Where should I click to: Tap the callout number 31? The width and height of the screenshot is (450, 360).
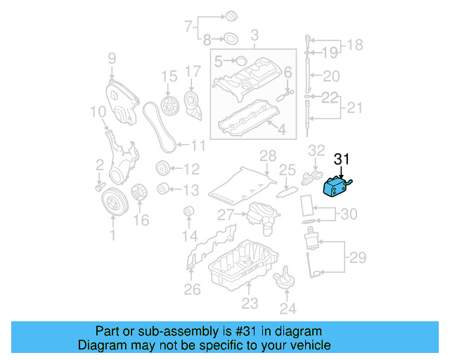[341, 160]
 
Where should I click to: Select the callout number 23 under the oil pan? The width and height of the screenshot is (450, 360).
[250, 303]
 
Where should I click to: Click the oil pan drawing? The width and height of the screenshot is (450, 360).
[241, 266]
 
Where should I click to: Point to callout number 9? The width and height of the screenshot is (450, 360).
[111, 58]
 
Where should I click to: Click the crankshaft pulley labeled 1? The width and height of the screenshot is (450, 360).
[112, 202]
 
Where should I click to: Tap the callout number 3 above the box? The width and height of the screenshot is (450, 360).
[255, 34]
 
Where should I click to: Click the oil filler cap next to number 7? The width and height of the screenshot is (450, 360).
[230, 15]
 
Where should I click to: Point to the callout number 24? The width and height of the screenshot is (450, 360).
[288, 307]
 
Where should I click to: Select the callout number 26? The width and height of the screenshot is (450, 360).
[192, 288]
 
